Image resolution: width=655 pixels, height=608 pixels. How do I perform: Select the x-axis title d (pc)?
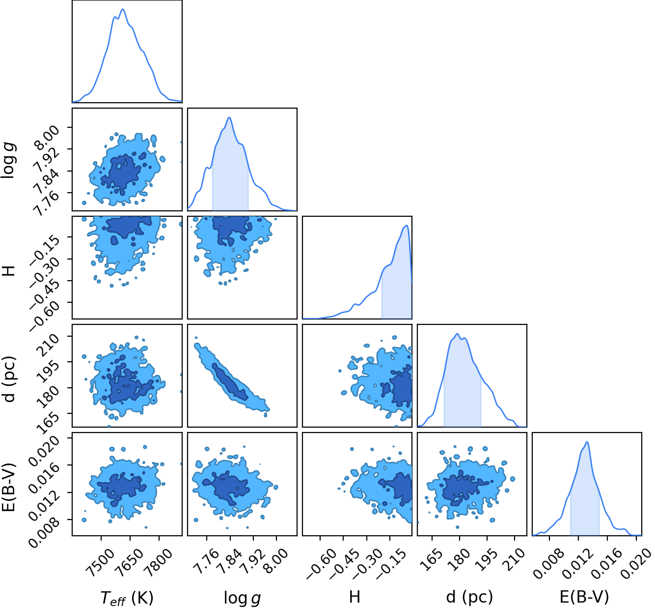[470, 596]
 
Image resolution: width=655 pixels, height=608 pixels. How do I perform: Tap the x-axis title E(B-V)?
[584, 596]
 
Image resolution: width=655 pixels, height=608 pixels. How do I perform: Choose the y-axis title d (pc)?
[10, 379]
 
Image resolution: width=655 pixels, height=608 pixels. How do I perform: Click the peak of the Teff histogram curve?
[123, 9]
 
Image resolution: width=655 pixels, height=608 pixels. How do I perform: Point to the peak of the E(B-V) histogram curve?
[587, 442]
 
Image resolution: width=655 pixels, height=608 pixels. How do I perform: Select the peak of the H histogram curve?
[407, 226]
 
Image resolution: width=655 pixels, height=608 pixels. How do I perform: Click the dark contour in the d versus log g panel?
[230, 382]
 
